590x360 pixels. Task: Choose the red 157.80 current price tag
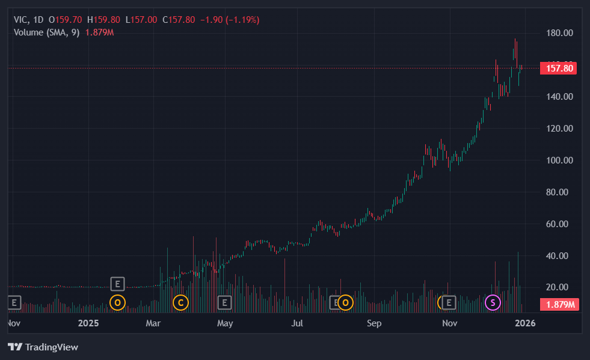(559, 68)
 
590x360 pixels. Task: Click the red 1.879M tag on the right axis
(559, 305)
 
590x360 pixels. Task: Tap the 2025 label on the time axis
(88, 324)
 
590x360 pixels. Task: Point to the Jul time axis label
(297, 324)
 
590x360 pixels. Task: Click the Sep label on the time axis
(374, 324)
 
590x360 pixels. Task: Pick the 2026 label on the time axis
(526, 324)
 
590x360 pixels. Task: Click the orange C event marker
(180, 302)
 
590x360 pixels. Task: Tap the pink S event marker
(493, 302)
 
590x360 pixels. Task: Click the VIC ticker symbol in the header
(21, 20)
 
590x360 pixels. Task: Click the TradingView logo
(43, 347)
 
